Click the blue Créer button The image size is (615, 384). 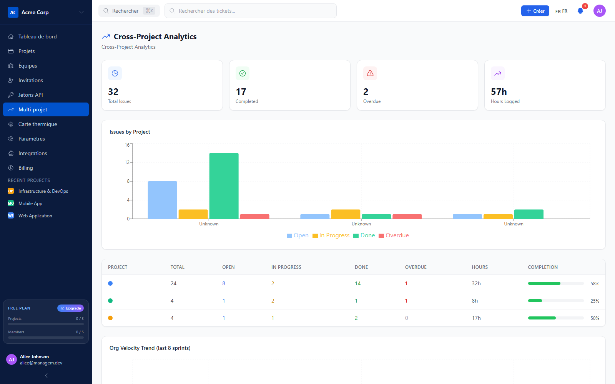(535, 11)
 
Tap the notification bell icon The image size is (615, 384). (580, 11)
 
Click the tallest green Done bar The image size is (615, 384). (224, 186)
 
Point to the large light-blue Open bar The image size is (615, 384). (162, 200)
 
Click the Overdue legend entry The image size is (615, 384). (394, 235)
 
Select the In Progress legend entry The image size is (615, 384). (331, 235)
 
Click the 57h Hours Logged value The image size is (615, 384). (499, 92)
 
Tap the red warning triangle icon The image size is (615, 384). (370, 73)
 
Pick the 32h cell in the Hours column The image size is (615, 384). (476, 283)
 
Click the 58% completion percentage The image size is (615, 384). (595, 284)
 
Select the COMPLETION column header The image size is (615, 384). (542, 267)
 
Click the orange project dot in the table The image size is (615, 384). (110, 318)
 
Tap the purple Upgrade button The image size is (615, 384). (71, 308)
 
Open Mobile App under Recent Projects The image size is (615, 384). (30, 203)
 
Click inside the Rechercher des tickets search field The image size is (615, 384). (250, 11)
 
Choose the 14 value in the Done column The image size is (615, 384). (357, 283)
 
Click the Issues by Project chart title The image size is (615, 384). (130, 132)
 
